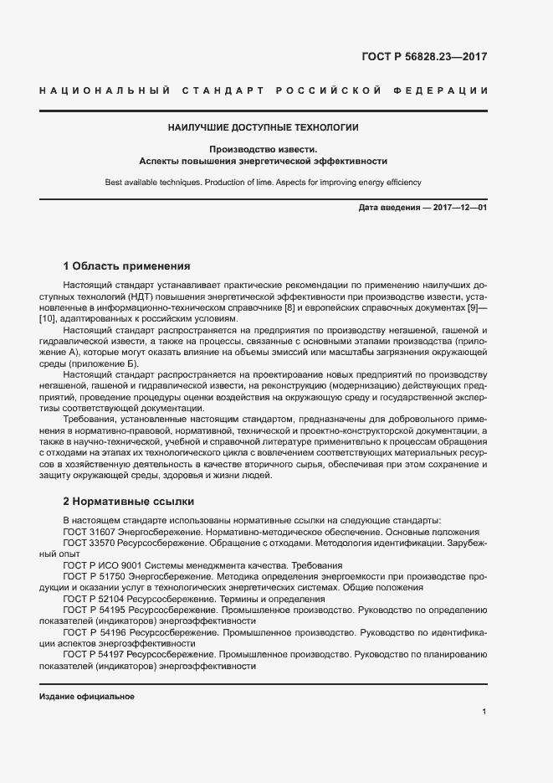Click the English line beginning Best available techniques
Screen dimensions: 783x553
pyautogui.click(x=263, y=182)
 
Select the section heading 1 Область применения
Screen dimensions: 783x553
pyautogui.click(x=127, y=266)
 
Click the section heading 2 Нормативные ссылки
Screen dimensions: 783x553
pyautogui.click(x=129, y=502)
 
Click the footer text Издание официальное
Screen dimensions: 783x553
pyautogui.click(x=87, y=697)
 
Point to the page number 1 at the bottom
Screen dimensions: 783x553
pyautogui.click(x=484, y=712)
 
